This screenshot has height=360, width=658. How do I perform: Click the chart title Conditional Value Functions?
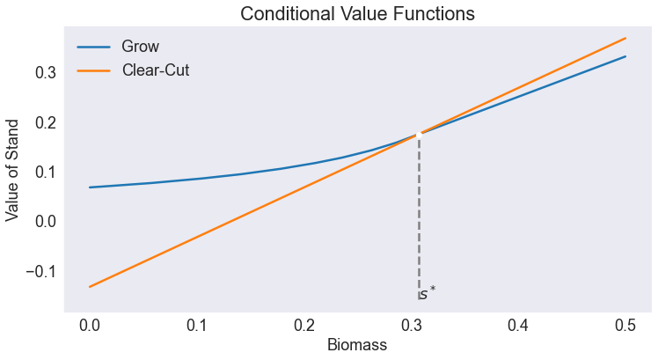tap(357, 14)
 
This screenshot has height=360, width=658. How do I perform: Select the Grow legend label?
tap(140, 46)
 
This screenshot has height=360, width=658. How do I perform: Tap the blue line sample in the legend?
tap(93, 46)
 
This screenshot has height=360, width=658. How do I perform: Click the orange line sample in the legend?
tap(93, 70)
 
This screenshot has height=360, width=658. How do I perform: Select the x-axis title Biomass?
tap(357, 345)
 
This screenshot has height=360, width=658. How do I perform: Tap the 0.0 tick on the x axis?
tap(89, 326)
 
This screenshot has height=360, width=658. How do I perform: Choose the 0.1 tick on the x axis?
tap(196, 326)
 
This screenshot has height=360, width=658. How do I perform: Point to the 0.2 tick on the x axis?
tap(303, 326)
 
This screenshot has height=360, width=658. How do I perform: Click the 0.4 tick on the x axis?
tap(518, 326)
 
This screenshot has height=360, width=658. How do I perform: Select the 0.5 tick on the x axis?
tap(625, 326)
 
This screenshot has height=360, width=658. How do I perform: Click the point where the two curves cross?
tap(419, 135)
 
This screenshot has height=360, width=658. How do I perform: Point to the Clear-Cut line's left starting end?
tap(90, 286)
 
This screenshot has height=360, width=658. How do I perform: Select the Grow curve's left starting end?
tap(90, 187)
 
